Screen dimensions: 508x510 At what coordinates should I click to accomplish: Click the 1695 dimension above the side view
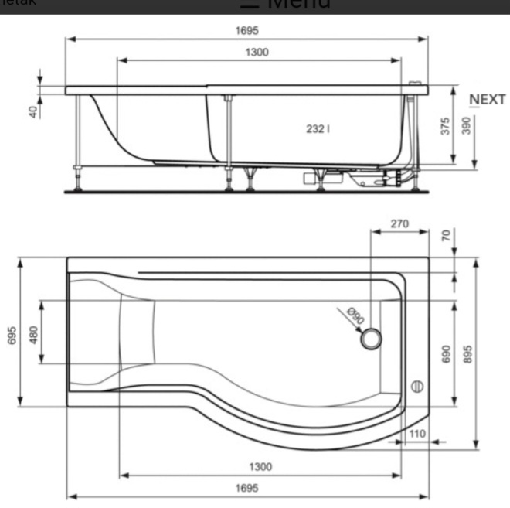247,30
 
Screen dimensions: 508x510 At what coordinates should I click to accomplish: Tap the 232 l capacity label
318,128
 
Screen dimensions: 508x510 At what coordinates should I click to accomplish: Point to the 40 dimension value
33,111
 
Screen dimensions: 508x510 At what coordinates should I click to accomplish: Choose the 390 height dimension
466,126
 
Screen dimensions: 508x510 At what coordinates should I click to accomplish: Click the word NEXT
488,100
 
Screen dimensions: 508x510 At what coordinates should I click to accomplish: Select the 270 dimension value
399,224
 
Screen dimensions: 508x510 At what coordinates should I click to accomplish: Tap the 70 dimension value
446,234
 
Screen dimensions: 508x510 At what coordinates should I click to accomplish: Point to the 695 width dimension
12,335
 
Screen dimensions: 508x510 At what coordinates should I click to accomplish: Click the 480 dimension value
33,334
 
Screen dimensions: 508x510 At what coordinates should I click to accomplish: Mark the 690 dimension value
446,353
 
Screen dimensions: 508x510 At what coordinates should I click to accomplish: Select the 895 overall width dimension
467,353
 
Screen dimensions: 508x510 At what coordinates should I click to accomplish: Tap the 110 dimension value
417,434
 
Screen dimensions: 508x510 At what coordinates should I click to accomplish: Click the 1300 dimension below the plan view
260,466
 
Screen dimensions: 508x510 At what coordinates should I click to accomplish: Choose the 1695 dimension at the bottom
247,488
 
